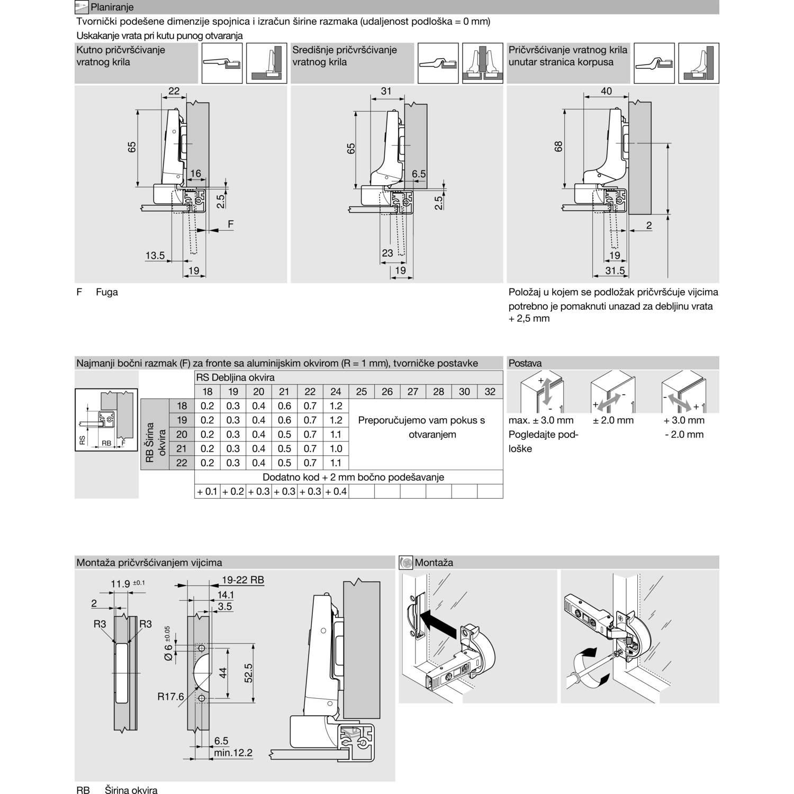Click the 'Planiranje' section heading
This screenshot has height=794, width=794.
pyautogui.click(x=112, y=7)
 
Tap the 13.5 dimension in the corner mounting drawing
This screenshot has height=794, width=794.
pyautogui.click(x=155, y=256)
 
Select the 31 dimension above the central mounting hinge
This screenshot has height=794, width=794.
pyautogui.click(x=386, y=91)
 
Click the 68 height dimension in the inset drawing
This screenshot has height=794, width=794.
pyautogui.click(x=558, y=147)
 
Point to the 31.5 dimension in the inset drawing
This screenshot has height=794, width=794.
pyautogui.click(x=615, y=270)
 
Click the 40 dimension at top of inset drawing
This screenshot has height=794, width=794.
pyautogui.click(x=606, y=91)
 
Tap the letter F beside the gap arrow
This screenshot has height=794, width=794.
pyautogui.click(x=230, y=224)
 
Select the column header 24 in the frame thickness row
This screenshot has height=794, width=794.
pyautogui.click(x=336, y=392)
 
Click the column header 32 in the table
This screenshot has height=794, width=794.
pyautogui.click(x=490, y=392)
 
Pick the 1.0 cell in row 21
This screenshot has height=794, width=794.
pyautogui.click(x=336, y=448)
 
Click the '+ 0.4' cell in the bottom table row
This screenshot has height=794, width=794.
pyautogui.click(x=336, y=491)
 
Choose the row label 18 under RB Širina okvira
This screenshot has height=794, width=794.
pyautogui.click(x=182, y=406)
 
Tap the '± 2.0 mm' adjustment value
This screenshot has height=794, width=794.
pyautogui.click(x=613, y=420)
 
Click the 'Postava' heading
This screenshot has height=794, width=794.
pyautogui.click(x=525, y=363)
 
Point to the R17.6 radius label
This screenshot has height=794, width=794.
pyautogui.click(x=170, y=697)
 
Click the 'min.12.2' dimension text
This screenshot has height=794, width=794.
pyautogui.click(x=233, y=753)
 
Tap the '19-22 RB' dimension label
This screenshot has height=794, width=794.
pyautogui.click(x=242, y=580)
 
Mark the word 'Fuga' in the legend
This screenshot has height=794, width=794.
pyautogui.click(x=107, y=292)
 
